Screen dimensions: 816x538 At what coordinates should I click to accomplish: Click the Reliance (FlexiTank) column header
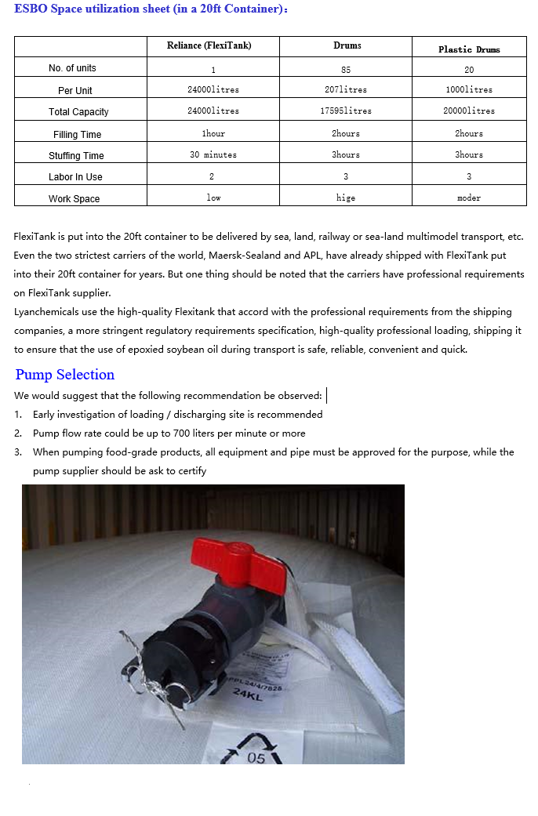pyautogui.click(x=209, y=45)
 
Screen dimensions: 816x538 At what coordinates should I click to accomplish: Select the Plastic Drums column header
pyautogui.click(x=469, y=49)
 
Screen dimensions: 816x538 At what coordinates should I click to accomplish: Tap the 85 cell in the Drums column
pyautogui.click(x=346, y=70)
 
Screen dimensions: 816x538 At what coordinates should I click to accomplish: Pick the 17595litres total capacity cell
pyautogui.click(x=346, y=111)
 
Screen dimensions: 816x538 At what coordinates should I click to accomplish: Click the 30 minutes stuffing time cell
pyautogui.click(x=213, y=154)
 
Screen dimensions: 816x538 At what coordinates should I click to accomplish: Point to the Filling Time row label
pyautogui.click(x=77, y=134)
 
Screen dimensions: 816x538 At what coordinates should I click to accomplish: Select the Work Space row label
pyautogui.click(x=75, y=198)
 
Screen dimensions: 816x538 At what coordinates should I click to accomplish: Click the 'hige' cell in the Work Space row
pyautogui.click(x=346, y=198)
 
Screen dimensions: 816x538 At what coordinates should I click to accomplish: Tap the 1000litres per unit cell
pyautogui.click(x=469, y=89)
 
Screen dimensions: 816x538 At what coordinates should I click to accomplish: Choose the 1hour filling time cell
pyautogui.click(x=213, y=133)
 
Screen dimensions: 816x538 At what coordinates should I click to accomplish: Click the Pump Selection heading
pyautogui.click(x=65, y=375)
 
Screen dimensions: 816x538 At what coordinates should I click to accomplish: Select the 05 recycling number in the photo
pyautogui.click(x=256, y=758)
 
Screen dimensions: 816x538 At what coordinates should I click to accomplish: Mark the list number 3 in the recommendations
pyautogui.click(x=18, y=452)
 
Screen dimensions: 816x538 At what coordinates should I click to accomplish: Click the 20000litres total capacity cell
pyautogui.click(x=469, y=111)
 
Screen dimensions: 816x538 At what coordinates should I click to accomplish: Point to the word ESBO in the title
pyautogui.click(x=31, y=9)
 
